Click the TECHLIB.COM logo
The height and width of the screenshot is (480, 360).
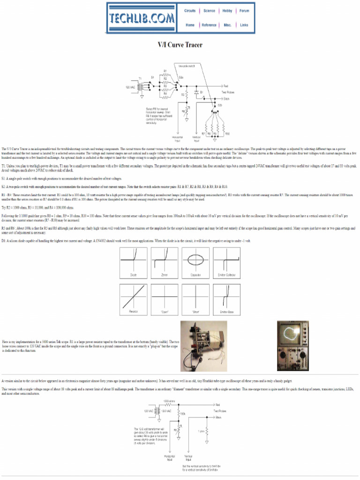(x=142, y=18)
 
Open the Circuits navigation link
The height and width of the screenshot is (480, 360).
(x=190, y=11)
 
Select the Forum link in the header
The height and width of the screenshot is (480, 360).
(x=244, y=11)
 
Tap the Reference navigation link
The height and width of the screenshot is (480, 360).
(x=209, y=25)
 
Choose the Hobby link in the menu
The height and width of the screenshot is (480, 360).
(x=227, y=11)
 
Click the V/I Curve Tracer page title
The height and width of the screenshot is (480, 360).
(x=180, y=45)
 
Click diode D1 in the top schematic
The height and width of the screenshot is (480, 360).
(x=198, y=93)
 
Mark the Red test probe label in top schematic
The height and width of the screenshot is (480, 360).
(x=226, y=86)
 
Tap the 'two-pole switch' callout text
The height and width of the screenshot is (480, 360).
(x=187, y=66)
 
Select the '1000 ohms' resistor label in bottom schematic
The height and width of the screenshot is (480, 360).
(x=169, y=401)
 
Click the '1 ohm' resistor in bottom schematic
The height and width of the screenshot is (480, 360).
(x=201, y=431)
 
